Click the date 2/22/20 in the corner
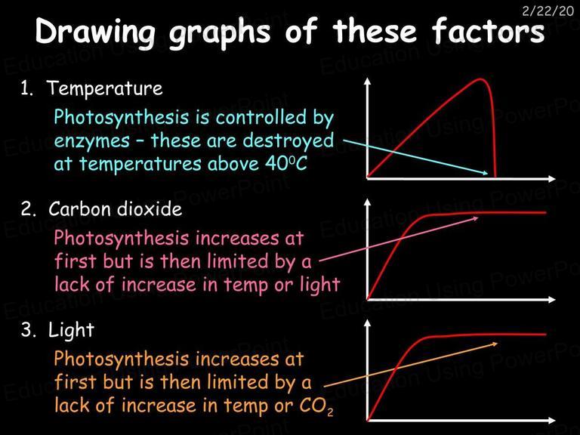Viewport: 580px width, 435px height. [x=548, y=11]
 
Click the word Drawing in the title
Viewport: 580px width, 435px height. [x=95, y=32]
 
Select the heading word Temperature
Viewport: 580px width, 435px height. [x=105, y=88]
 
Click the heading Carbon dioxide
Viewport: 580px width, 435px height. [x=115, y=209]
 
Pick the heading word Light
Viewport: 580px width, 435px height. [x=72, y=329]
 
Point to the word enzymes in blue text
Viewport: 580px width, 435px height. [x=91, y=141]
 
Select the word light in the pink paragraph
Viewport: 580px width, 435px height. [x=320, y=285]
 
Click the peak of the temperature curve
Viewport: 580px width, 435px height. [x=480, y=79]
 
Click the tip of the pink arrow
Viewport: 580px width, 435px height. [x=478, y=217]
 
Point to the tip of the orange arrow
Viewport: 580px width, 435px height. [x=498, y=344]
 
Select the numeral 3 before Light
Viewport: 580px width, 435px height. [x=26, y=330]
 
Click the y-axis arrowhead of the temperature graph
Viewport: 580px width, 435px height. [x=367, y=81]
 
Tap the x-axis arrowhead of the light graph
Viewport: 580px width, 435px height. [x=552, y=420]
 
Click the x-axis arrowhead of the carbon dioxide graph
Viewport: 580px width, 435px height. [x=552, y=299]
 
